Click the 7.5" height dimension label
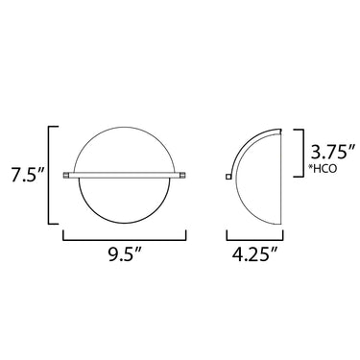point(27,175)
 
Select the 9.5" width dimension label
point(125,255)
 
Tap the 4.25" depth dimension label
point(254,255)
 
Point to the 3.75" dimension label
point(328,152)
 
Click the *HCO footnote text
point(322,169)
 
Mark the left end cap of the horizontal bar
point(66,175)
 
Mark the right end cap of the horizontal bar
point(182,175)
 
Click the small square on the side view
point(228,177)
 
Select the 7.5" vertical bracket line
point(49,176)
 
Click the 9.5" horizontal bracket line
point(125,239)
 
